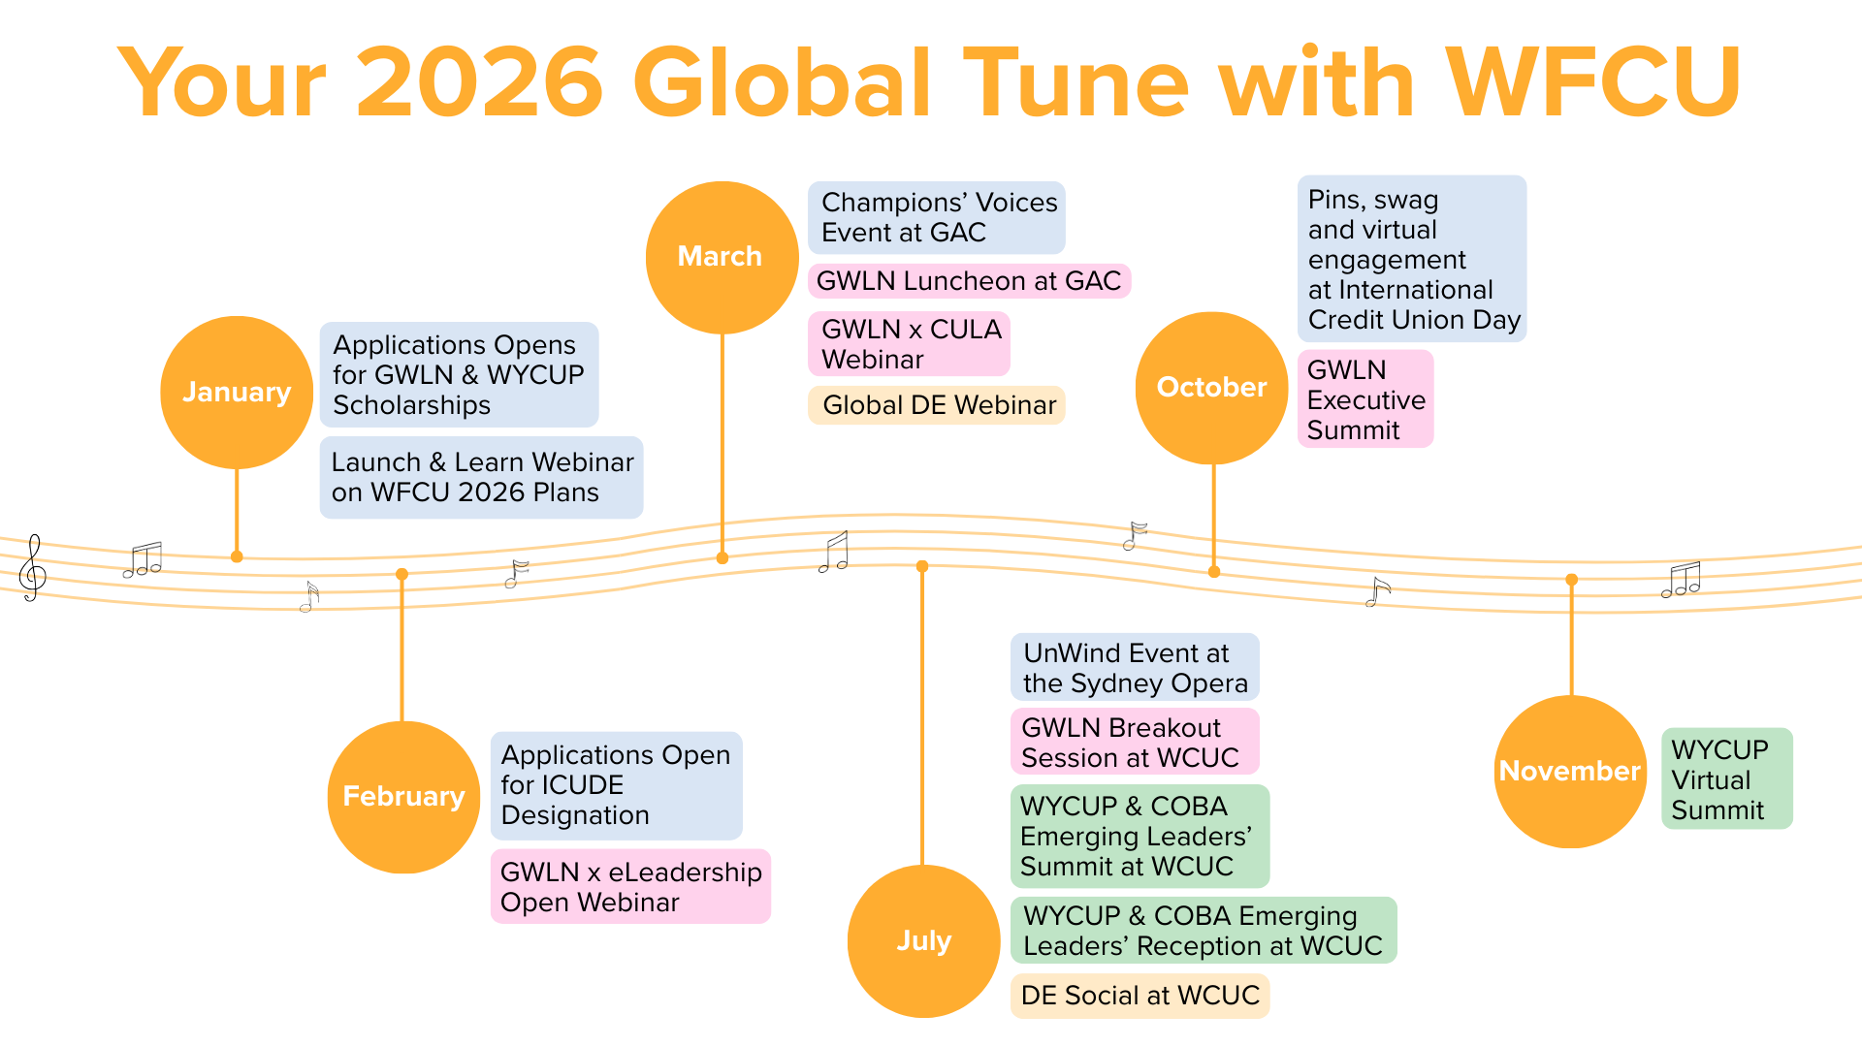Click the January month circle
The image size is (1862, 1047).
click(237, 392)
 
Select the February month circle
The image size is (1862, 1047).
click(403, 797)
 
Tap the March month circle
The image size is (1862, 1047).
click(722, 257)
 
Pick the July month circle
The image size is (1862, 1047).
click(923, 940)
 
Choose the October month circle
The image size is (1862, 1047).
click(1211, 388)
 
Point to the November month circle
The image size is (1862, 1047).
click(1570, 772)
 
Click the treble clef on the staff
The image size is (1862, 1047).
click(33, 568)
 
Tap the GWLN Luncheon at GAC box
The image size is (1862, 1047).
click(969, 281)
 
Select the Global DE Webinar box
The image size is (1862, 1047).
click(937, 405)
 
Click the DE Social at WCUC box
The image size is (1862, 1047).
click(1140, 996)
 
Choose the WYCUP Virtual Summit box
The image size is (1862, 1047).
click(1726, 779)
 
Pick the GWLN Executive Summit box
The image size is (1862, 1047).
click(1364, 399)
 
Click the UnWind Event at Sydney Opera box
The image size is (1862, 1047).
click(1135, 668)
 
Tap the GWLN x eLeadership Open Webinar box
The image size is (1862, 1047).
click(630, 887)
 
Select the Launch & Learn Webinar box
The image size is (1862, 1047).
click(481, 477)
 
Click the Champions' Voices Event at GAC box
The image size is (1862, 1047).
click(937, 217)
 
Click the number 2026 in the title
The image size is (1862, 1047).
click(480, 83)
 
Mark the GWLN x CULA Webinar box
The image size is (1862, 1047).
click(909, 344)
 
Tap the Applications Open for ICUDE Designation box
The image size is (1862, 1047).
click(616, 785)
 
